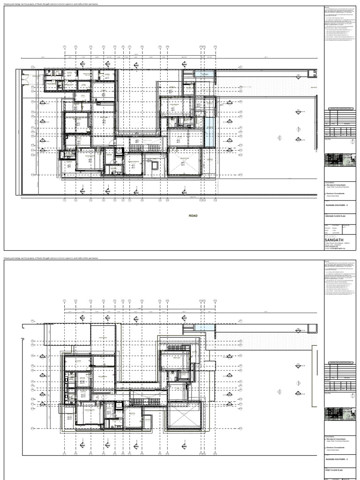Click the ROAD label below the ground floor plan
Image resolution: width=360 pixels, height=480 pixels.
click(193, 216)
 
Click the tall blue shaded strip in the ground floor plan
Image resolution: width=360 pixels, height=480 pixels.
click(210, 131)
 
